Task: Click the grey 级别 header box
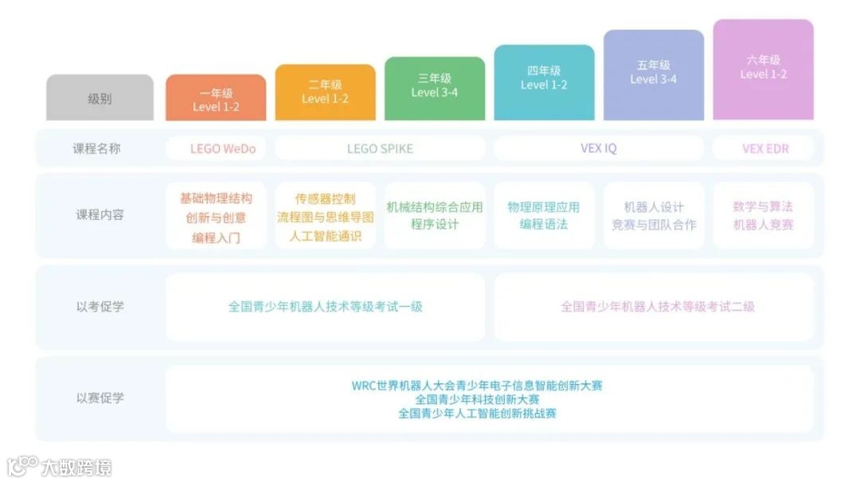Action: click(x=100, y=99)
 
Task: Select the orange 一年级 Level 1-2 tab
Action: click(x=216, y=99)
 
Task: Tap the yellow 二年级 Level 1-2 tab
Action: click(x=325, y=92)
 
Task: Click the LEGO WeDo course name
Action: click(x=216, y=148)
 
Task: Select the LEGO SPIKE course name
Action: click(x=380, y=148)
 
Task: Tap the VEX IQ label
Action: click(x=599, y=148)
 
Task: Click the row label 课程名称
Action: click(x=100, y=148)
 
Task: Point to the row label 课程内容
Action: click(x=100, y=215)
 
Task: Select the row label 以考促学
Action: click(x=100, y=307)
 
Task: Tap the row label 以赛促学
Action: click(x=100, y=398)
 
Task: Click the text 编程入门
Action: click(x=216, y=238)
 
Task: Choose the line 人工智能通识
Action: click(x=325, y=236)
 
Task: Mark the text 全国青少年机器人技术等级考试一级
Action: click(x=325, y=307)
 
